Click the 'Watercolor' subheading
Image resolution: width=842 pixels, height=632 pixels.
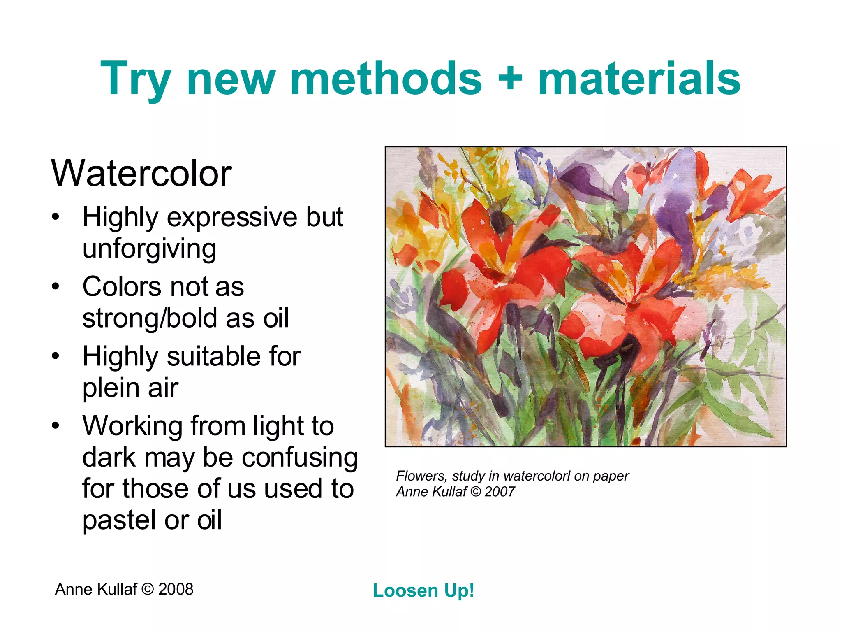[141, 173]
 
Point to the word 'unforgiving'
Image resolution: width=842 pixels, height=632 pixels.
[149, 249]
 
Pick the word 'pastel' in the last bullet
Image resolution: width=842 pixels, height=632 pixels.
[119, 520]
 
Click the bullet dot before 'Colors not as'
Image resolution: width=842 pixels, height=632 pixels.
[56, 287]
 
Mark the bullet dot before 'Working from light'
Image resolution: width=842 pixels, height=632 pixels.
[56, 426]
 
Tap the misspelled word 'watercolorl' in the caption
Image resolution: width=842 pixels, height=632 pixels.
[537, 476]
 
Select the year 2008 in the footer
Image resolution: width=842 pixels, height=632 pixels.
[176, 589]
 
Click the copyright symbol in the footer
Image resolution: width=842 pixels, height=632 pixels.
[147, 589]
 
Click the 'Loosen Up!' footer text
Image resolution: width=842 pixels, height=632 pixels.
[423, 591]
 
